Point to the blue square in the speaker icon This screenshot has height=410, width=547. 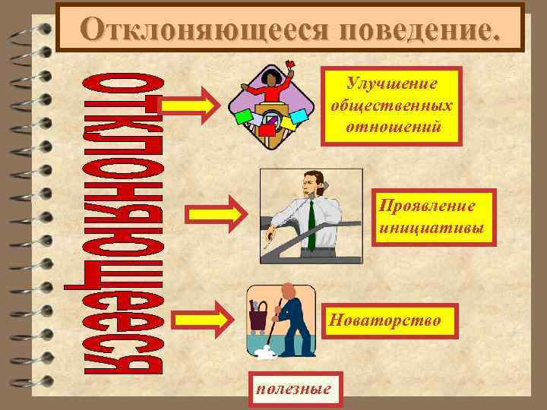tap(298, 117)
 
